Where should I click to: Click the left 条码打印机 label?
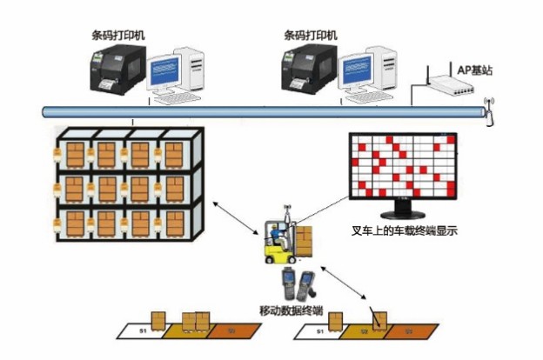click(118, 36)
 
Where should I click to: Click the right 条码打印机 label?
click(312, 36)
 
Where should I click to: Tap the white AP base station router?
click(448, 85)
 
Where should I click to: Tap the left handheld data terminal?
click(288, 282)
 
